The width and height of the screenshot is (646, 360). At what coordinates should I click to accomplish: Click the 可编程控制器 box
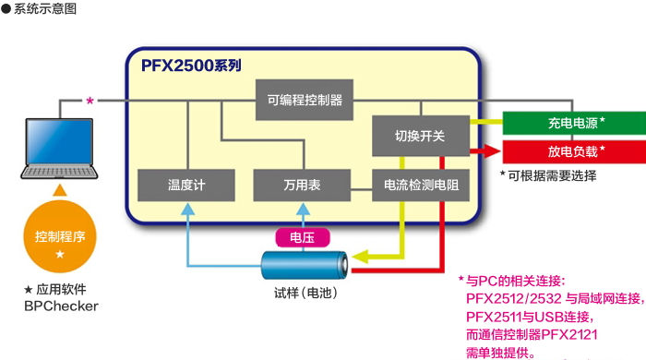304,98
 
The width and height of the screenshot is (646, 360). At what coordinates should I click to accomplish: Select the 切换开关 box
420,136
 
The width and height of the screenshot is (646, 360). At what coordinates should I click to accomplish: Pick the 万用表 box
302,185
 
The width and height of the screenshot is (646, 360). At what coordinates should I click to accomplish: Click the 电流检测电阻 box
420,185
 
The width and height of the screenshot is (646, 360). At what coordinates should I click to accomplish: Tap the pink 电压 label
302,237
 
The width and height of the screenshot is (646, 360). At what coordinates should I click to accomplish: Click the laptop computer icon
60,149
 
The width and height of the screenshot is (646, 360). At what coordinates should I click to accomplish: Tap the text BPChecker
61,306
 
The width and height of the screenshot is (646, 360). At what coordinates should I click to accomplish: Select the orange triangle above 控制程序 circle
60,190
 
